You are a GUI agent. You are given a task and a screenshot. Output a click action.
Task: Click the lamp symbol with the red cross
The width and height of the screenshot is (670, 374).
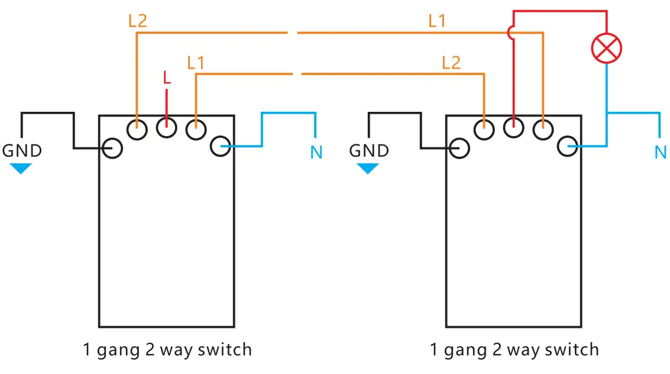tap(607, 48)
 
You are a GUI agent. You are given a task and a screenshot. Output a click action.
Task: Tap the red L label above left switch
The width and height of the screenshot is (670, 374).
tap(167, 78)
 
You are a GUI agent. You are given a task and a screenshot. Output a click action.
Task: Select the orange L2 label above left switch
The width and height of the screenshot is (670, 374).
tap(137, 21)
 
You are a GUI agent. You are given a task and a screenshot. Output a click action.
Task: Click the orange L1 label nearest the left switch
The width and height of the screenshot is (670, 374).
tap(195, 63)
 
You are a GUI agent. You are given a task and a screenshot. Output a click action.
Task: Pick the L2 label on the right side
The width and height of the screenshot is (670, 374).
tap(451, 63)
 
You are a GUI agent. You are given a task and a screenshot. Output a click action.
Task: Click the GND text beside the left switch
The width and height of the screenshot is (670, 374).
tap(22, 151)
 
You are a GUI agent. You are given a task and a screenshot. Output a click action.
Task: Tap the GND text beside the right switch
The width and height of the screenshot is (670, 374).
tap(369, 151)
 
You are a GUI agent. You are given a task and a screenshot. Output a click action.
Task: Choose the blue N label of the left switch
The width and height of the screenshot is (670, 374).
tap(316, 153)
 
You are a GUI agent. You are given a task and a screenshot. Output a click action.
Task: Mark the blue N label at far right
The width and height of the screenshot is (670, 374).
tap(661, 153)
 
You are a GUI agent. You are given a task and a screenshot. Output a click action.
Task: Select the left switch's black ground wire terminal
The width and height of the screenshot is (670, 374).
tap(112, 147)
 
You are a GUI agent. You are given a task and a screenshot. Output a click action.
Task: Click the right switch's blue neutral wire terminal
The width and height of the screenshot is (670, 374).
tap(567, 146)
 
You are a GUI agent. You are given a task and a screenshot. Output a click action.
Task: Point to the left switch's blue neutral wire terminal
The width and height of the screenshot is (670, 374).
tap(221, 146)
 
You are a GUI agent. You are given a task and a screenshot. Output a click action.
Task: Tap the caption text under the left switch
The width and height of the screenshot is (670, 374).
tap(167, 350)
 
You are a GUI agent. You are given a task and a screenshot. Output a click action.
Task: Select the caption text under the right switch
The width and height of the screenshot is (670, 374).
tap(514, 350)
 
